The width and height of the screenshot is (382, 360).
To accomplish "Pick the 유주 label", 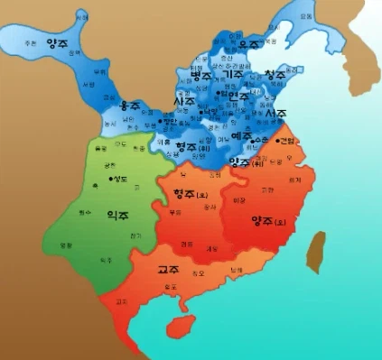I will coord(248,42).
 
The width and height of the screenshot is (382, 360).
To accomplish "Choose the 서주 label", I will coord(276,114).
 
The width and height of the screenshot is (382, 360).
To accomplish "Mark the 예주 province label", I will coord(241,136).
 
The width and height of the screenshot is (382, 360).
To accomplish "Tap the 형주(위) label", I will coord(190,146).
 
